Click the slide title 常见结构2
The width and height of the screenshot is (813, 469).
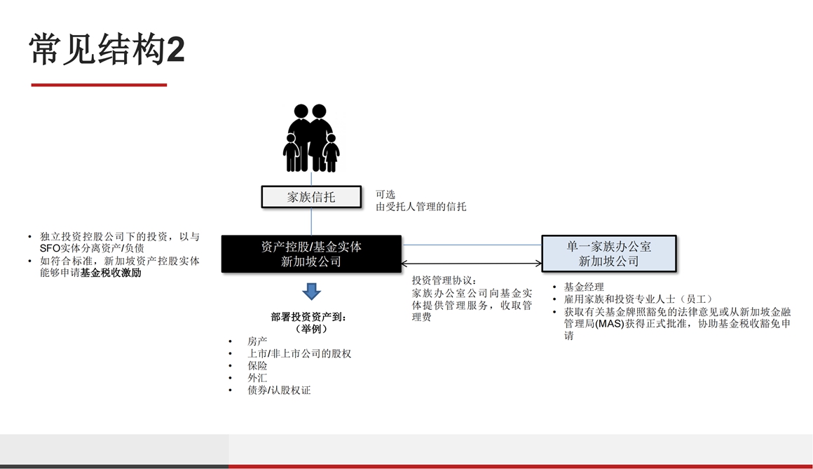pyautogui.click(x=107, y=49)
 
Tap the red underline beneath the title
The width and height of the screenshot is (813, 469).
pyautogui.click(x=99, y=85)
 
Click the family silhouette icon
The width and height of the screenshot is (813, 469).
pyautogui.click(x=311, y=138)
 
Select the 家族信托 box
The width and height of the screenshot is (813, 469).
pyautogui.click(x=311, y=197)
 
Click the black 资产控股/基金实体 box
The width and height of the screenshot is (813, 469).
pyautogui.click(x=311, y=254)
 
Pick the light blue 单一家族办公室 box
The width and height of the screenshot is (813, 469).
pyautogui.click(x=609, y=254)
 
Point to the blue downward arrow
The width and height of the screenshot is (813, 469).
pyautogui.click(x=311, y=291)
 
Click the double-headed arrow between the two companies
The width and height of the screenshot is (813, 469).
pyautogui.click(x=471, y=264)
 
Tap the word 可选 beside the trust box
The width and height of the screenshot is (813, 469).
pyautogui.click(x=385, y=194)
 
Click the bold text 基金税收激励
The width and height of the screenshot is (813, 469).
pyautogui.click(x=111, y=273)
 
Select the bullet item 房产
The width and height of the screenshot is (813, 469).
pyautogui.click(x=257, y=341)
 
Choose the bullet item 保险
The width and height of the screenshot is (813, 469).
pyautogui.click(x=257, y=366)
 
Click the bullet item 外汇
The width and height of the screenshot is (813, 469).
pyautogui.click(x=257, y=378)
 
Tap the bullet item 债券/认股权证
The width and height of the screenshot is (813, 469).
pyautogui.click(x=279, y=390)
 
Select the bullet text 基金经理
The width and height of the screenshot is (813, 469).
pyautogui.click(x=584, y=287)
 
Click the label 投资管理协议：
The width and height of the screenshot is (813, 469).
pyautogui.click(x=444, y=280)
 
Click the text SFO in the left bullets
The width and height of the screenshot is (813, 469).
pyautogui.click(x=50, y=248)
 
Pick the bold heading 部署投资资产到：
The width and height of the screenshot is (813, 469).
pyautogui.click(x=308, y=317)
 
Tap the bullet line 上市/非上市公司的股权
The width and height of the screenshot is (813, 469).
pyautogui.click(x=299, y=354)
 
